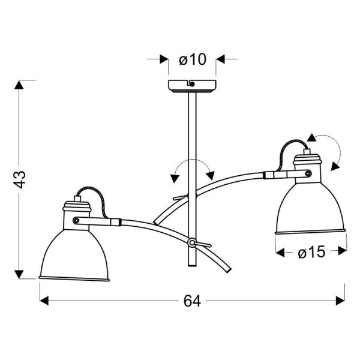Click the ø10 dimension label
point(192,59)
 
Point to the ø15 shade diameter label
point(311,253)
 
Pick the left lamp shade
point(74,252)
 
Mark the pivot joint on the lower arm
point(191,243)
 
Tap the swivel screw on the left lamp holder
point(76,220)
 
